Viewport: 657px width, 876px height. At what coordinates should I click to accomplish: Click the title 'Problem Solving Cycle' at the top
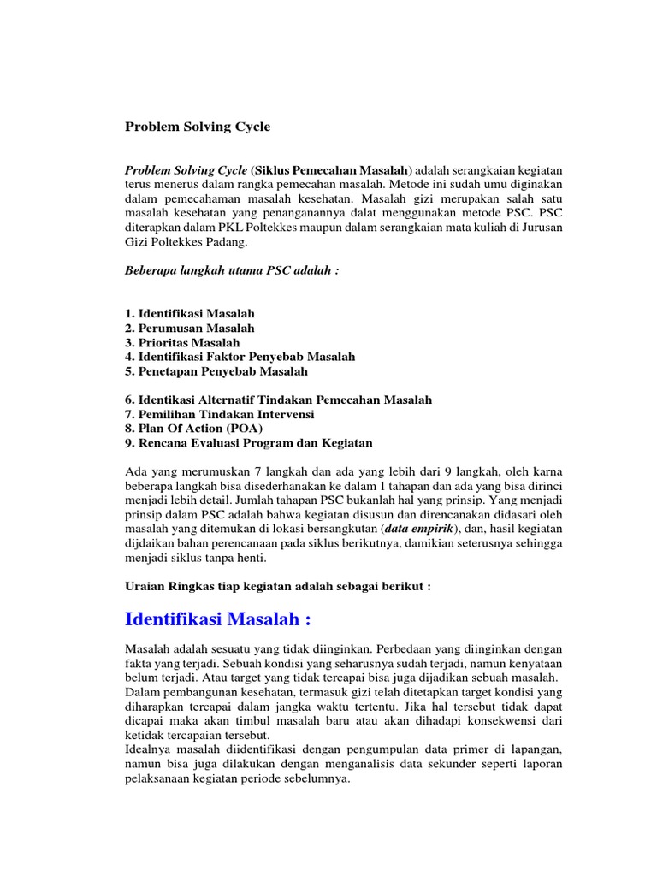[x=197, y=127]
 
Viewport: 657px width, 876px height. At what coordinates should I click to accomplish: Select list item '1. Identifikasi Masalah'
[x=189, y=313]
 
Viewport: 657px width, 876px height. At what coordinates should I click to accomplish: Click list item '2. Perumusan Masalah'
[x=189, y=328]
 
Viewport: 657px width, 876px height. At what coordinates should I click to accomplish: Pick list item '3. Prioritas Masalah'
[x=182, y=342]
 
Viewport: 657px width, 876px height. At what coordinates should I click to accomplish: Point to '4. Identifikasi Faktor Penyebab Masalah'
[x=240, y=356]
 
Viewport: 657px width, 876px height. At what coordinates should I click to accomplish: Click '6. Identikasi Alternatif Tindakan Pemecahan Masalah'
[x=278, y=400]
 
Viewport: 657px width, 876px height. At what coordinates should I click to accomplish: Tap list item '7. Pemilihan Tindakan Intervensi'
[x=219, y=414]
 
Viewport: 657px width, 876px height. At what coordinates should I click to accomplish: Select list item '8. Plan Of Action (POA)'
[x=193, y=429]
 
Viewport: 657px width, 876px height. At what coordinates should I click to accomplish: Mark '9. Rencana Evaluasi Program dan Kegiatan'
[x=248, y=443]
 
